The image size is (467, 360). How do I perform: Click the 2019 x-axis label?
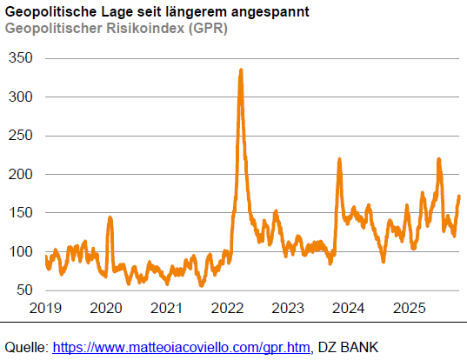[45, 308]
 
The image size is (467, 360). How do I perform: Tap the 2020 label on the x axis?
[106, 308]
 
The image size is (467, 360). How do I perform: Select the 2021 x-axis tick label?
[167, 308]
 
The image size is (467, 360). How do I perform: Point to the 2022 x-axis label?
[227, 308]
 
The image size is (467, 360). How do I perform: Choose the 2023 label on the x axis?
[288, 308]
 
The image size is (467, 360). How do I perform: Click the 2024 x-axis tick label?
[349, 308]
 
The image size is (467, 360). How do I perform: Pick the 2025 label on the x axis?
[409, 308]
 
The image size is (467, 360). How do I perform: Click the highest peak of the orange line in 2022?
[240, 70]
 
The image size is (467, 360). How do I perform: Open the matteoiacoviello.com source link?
[181, 348]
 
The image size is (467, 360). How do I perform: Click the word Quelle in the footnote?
[25, 348]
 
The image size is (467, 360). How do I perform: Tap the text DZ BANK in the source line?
[350, 348]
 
